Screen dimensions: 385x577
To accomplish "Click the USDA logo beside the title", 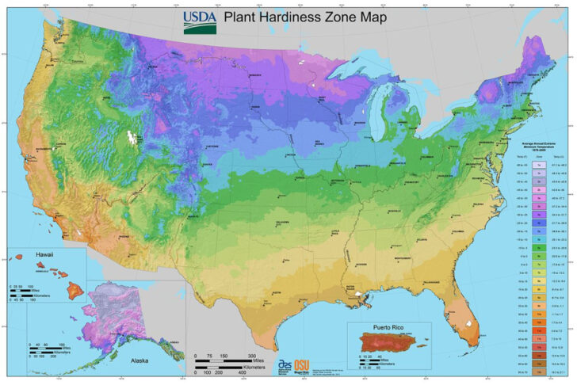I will (199, 21).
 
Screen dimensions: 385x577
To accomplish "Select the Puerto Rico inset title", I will (394, 326).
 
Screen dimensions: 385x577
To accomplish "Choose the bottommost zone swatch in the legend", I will (542, 371).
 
